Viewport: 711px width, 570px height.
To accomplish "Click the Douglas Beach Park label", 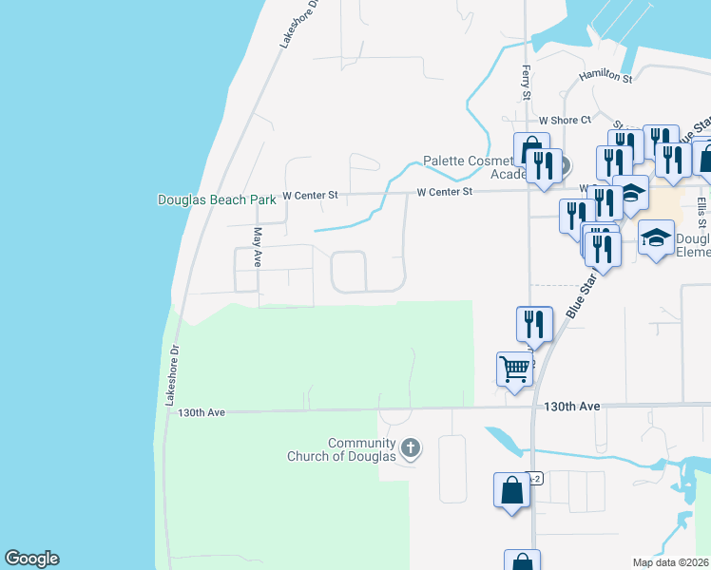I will tap(216, 199).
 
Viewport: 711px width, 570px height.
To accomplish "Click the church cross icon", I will tap(411, 446).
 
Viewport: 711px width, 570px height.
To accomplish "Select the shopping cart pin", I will tap(514, 368).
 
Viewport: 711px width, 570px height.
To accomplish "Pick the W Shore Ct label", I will tap(565, 121).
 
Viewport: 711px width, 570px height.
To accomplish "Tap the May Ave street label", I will tap(257, 246).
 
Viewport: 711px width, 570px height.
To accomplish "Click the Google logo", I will tap(31, 559).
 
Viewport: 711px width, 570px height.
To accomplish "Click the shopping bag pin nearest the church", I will tap(511, 490).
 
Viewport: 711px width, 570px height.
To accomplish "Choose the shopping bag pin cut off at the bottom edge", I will tap(521, 560).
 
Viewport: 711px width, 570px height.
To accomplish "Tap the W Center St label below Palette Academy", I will tap(444, 192).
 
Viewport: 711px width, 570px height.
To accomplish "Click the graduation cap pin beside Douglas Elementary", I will tap(655, 237).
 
